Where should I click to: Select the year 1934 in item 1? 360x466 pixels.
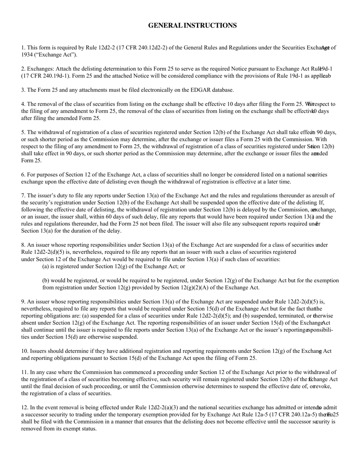coord(28,55)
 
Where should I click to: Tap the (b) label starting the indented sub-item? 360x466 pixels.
coord(46,280)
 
